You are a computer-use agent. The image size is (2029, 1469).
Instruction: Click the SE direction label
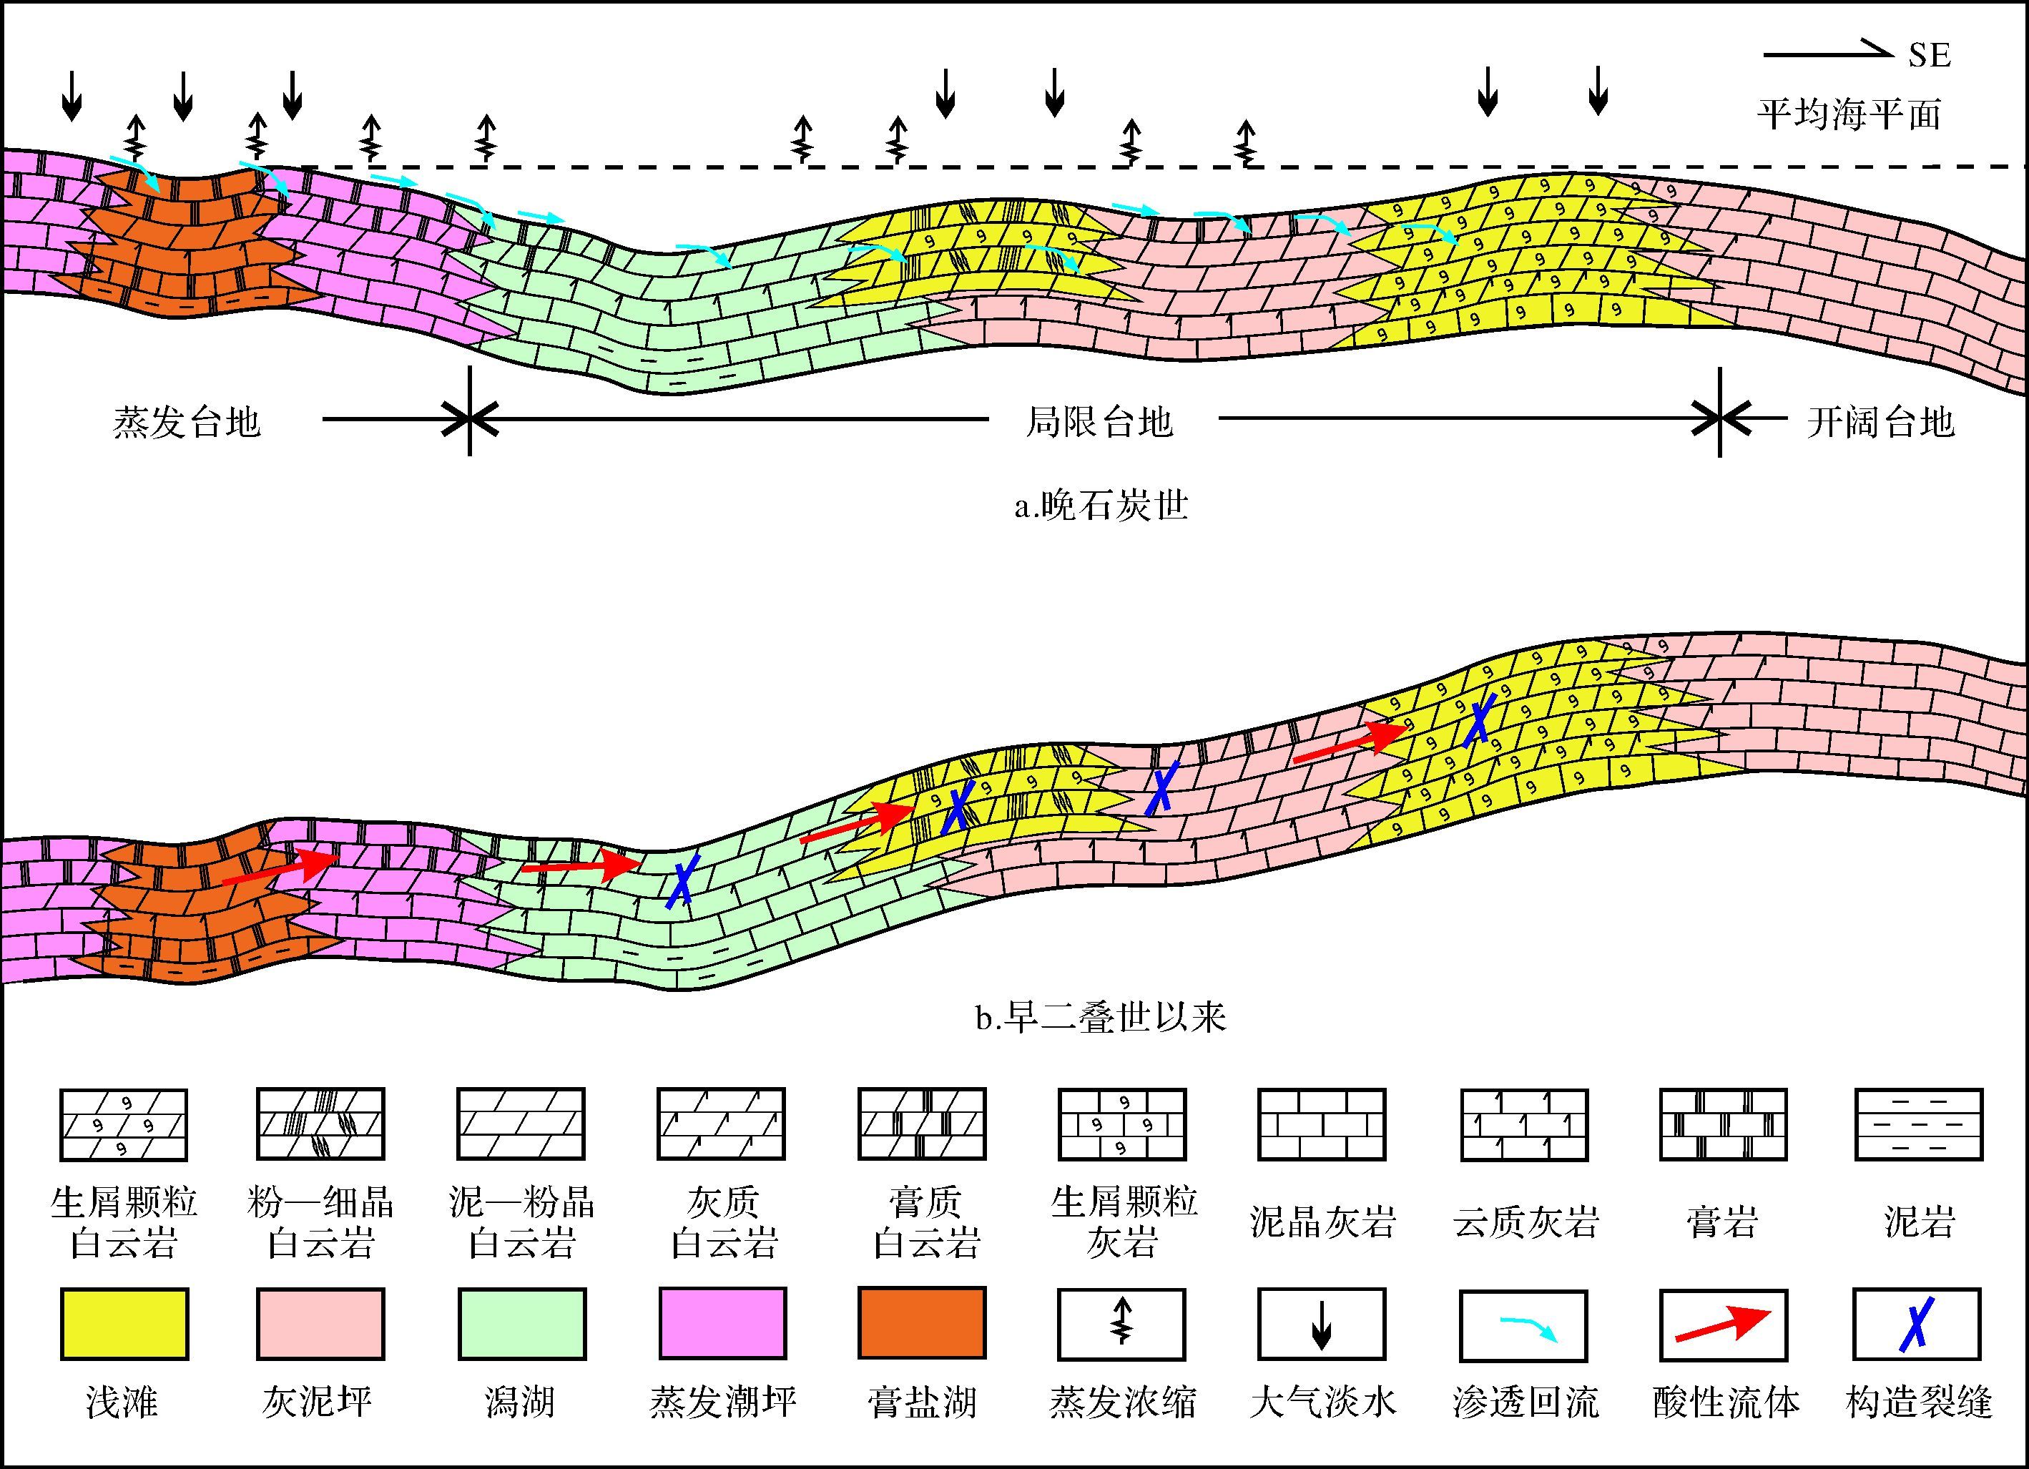pos(1929,56)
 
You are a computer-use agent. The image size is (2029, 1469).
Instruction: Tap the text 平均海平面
pos(1849,114)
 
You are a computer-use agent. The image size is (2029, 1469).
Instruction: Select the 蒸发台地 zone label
pos(186,421)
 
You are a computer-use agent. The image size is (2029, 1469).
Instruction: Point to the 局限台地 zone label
pos(1099,421)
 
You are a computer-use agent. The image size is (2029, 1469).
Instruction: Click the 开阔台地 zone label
pos(1880,421)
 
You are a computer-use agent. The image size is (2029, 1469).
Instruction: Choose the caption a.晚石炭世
pos(1101,506)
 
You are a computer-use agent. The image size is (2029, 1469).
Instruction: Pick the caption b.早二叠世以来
pos(1101,1017)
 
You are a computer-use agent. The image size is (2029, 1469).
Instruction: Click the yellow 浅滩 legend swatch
pos(124,1324)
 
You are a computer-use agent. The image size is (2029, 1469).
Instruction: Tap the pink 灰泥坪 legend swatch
pos(320,1324)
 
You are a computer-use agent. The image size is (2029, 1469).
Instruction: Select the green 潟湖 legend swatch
pos(521,1324)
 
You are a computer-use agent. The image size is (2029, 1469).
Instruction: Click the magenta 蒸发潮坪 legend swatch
pos(722,1324)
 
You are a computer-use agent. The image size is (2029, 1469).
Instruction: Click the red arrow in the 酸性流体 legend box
pos(1723,1325)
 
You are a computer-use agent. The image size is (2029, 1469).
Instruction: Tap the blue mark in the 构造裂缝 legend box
pos(1917,1324)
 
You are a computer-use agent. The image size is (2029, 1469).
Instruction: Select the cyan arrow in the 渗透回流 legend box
pos(1529,1329)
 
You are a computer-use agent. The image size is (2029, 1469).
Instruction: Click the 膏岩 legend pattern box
pos(1723,1124)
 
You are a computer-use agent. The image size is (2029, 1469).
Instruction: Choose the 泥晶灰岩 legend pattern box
pos(1322,1124)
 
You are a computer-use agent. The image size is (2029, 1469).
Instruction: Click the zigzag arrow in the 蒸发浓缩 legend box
pos(1121,1323)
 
